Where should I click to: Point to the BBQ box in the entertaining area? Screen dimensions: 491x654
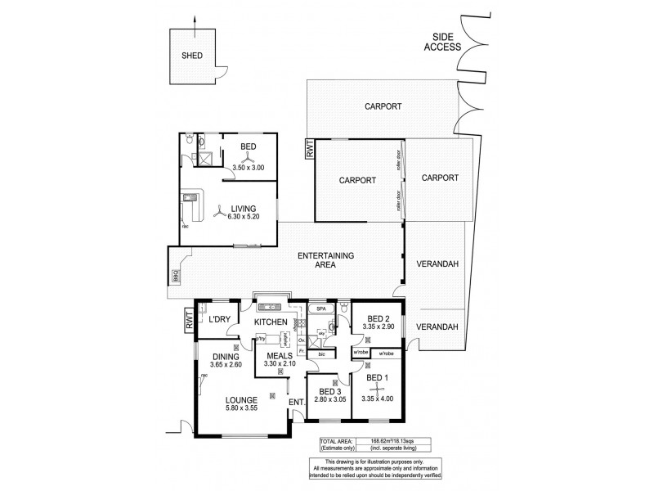pyautogui.click(x=175, y=274)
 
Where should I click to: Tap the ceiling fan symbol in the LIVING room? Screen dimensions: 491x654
pyautogui.click(x=217, y=214)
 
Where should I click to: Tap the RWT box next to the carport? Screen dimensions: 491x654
pyautogui.click(x=308, y=149)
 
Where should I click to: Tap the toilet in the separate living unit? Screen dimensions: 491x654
pyautogui.click(x=189, y=140)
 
